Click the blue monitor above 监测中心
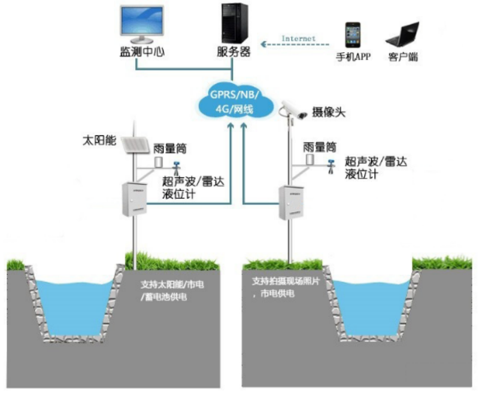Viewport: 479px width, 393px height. (140, 24)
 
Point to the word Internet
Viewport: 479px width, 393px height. (298, 39)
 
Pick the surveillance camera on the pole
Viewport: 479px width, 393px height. (293, 109)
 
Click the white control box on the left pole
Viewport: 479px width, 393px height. (132, 199)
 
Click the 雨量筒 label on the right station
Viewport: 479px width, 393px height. (319, 147)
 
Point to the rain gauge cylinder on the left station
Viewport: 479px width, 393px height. (159, 162)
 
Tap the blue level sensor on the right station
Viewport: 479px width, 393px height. (330, 165)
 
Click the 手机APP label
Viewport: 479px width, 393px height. (353, 58)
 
